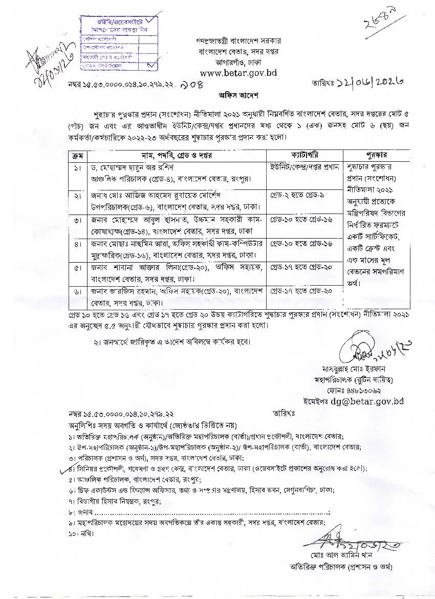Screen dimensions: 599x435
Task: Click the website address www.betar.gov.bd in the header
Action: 238,73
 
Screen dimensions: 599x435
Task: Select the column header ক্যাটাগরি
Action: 305,155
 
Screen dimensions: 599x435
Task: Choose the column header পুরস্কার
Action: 376,155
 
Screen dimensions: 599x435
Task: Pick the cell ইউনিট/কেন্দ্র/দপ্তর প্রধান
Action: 304,167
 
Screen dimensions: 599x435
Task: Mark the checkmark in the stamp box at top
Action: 151,65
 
